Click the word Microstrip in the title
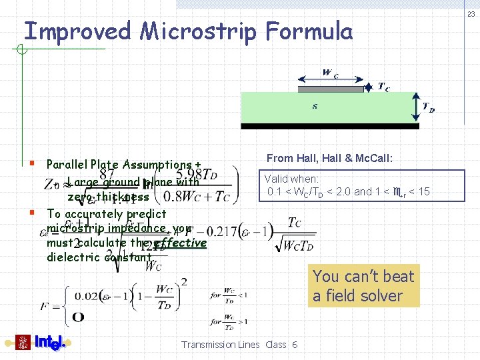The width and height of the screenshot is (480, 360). pyautogui.click(x=198, y=31)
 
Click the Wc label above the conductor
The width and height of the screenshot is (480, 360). pyautogui.click(x=330, y=73)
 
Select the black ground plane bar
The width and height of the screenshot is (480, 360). pyautogui.click(x=329, y=125)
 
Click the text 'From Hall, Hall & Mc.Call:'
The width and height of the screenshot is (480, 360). pyautogui.click(x=329, y=158)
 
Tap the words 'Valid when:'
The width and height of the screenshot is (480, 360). pyautogui.click(x=291, y=179)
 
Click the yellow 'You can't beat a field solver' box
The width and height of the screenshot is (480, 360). pyautogui.click(x=364, y=286)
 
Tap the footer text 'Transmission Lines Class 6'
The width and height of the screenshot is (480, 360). pyautogui.click(x=239, y=345)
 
